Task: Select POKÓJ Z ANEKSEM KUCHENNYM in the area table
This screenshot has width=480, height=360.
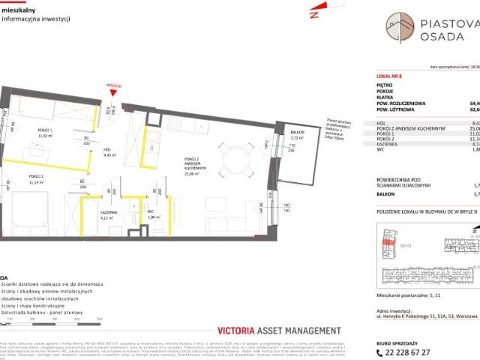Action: click(413, 127)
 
